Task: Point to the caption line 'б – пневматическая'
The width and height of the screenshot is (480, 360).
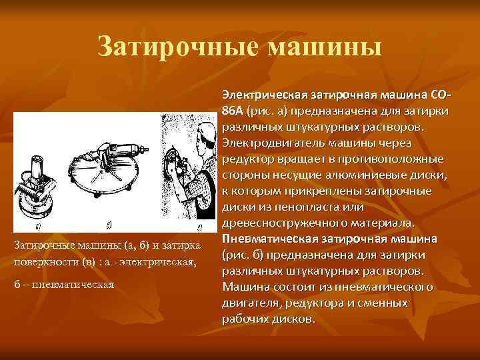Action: click(x=64, y=285)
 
